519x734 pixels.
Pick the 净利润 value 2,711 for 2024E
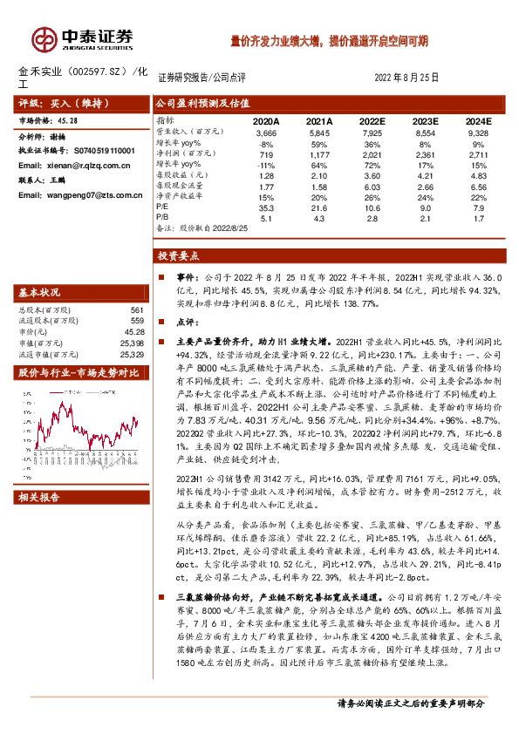(x=478, y=153)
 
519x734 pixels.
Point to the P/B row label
(x=163, y=219)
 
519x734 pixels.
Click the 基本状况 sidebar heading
(x=40, y=291)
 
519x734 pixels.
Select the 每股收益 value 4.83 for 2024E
(x=478, y=175)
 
